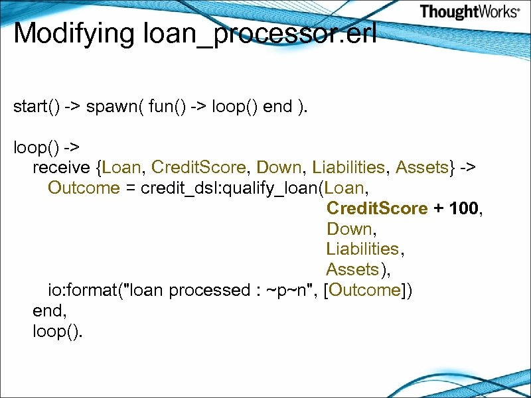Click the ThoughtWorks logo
click(x=469, y=12)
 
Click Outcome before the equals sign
click(x=84, y=188)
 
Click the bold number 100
click(x=463, y=208)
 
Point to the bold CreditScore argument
click(x=376, y=208)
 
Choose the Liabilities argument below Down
click(x=362, y=249)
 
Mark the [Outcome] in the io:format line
click(x=366, y=290)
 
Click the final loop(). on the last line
click(x=58, y=331)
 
